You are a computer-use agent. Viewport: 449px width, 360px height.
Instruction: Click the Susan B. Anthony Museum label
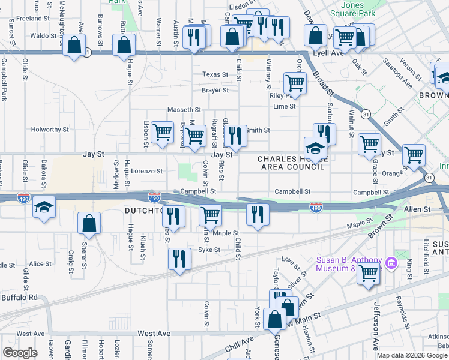click(x=349, y=263)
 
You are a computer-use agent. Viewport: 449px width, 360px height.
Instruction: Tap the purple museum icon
click(x=390, y=263)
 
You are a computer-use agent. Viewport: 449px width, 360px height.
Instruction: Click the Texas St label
click(x=215, y=74)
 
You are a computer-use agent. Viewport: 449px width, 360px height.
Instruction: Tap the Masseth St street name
click(x=184, y=110)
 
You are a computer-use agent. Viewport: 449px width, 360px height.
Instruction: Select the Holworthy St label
click(x=50, y=129)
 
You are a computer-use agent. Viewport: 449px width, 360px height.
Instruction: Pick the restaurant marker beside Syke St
click(x=179, y=259)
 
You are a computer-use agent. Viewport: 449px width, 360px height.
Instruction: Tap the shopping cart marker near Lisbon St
click(x=162, y=133)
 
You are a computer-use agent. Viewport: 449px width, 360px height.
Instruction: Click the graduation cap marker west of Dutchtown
click(x=44, y=208)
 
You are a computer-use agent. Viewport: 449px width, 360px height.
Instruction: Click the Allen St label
click(x=418, y=208)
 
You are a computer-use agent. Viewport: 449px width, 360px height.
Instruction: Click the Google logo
click(x=20, y=353)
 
